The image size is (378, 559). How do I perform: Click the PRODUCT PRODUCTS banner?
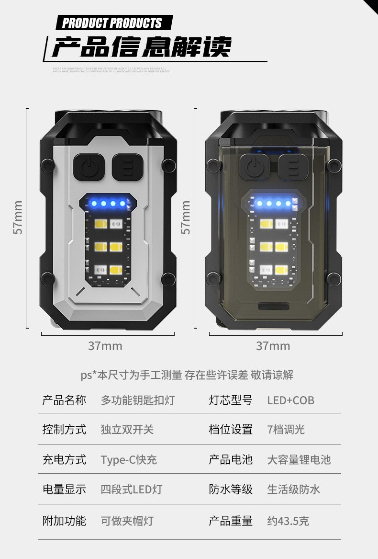pyautogui.click(x=113, y=23)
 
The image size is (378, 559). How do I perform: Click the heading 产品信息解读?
pyautogui.click(x=142, y=47)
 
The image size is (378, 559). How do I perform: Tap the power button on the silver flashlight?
pyautogui.click(x=89, y=167)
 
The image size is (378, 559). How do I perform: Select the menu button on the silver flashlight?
pyautogui.click(x=128, y=167)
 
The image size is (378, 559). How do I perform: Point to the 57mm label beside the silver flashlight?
pyautogui.click(x=17, y=217)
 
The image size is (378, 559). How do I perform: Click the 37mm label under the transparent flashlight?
pyautogui.click(x=273, y=346)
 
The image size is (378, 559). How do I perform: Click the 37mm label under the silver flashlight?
pyautogui.click(x=105, y=346)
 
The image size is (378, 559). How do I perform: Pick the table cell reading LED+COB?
pyautogui.click(x=290, y=400)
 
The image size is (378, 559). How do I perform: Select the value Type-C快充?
pyautogui.click(x=129, y=460)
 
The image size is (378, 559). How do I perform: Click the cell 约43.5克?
pyautogui.click(x=288, y=521)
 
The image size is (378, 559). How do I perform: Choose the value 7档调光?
pyautogui.click(x=286, y=430)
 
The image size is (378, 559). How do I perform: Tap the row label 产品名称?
pyautogui.click(x=64, y=400)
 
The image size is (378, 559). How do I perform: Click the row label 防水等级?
pyautogui.click(x=231, y=490)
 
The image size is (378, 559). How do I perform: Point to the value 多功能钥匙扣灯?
pyautogui.click(x=138, y=400)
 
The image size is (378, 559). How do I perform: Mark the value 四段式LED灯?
pyautogui.click(x=132, y=490)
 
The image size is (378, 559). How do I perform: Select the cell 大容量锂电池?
pyautogui.click(x=299, y=460)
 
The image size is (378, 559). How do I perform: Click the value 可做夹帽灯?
pyautogui.click(x=127, y=521)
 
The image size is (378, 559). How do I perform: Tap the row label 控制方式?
pyautogui.click(x=64, y=430)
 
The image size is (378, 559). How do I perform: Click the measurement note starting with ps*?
pyautogui.click(x=187, y=375)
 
